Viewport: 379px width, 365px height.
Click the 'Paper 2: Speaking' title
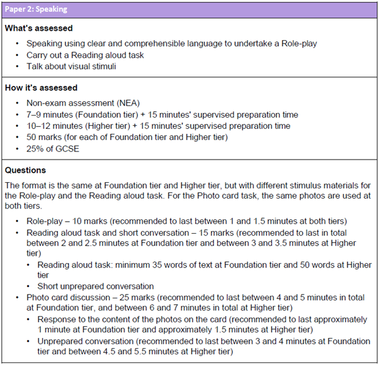tap(35, 9)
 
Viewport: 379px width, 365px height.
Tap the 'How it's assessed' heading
tap(41, 88)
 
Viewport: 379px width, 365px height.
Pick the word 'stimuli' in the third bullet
tap(102, 66)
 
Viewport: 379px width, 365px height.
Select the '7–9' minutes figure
tap(35, 114)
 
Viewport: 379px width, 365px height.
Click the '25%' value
tap(35, 148)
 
